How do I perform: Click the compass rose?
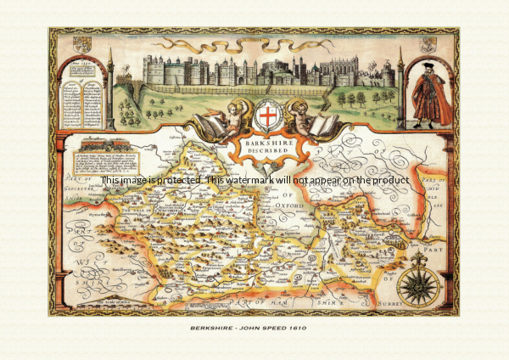pyautogui.click(x=417, y=285)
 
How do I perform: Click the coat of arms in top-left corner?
pyautogui.click(x=82, y=44)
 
